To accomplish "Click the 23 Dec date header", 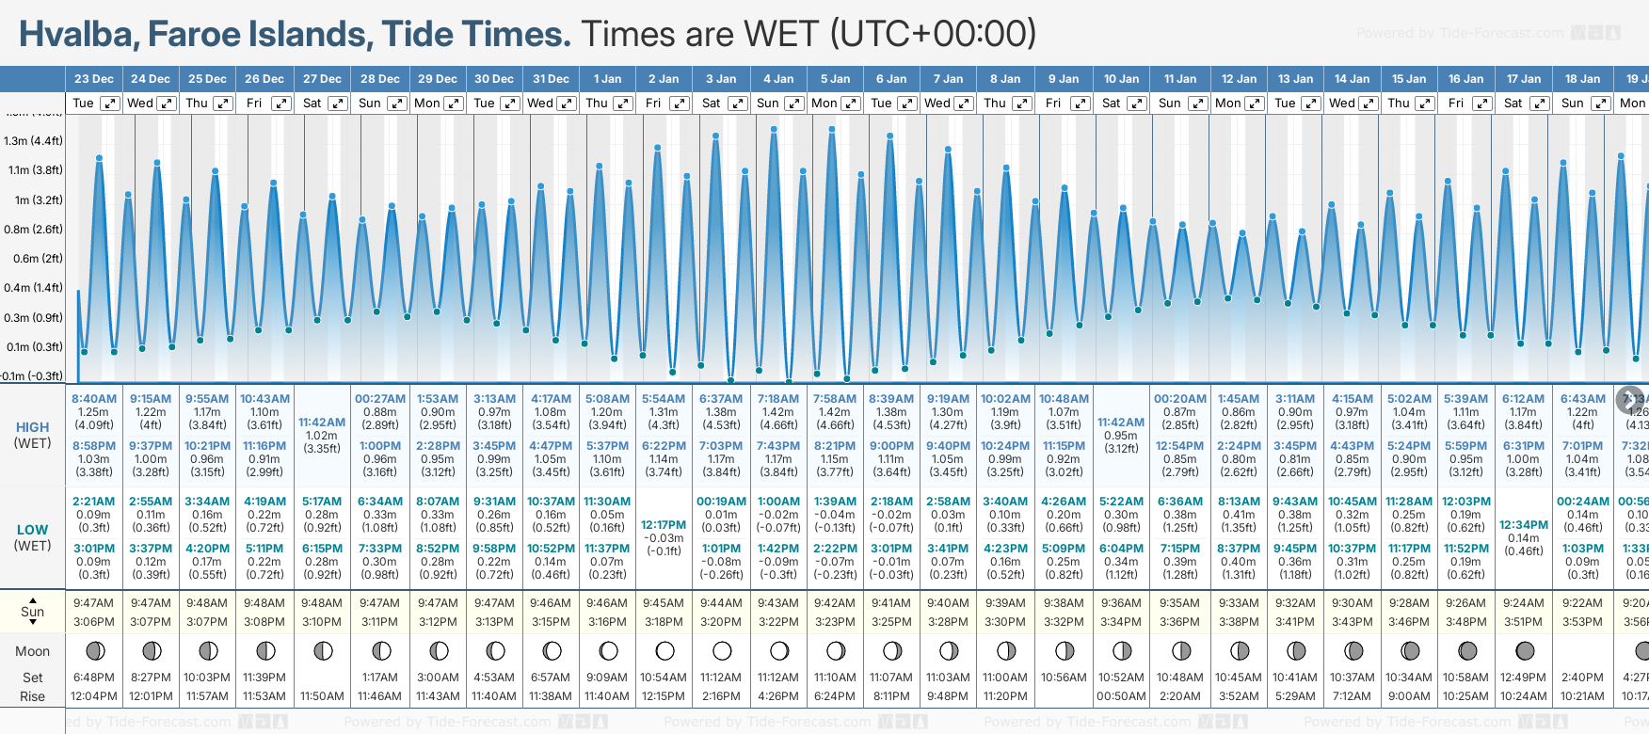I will click(x=94, y=79).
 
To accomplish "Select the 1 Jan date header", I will click(x=607, y=79).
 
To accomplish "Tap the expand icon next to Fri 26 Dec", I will click(x=280, y=104).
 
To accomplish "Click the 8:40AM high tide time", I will click(x=94, y=399).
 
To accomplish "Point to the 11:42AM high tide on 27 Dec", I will click(x=322, y=423).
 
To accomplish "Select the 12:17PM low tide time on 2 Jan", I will click(x=664, y=525).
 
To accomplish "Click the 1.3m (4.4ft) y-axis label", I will click(x=33, y=141).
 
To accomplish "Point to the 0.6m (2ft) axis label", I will click(x=33, y=259).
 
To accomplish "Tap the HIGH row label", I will click(x=33, y=427).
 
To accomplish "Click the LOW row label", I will click(x=33, y=530).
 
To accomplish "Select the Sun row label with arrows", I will click(x=33, y=612).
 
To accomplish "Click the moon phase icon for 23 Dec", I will click(x=94, y=650).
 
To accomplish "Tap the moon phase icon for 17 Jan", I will click(x=1525, y=650).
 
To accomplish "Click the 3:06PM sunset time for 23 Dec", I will click(x=94, y=622).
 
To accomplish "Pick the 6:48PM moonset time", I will click(x=94, y=678).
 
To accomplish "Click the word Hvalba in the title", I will click(x=77, y=35).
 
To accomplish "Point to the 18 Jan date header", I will click(x=1582, y=79).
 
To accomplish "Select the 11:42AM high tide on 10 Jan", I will click(x=1121, y=423).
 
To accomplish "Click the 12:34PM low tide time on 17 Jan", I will click(x=1524, y=525).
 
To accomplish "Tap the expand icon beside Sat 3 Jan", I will click(x=738, y=104).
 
